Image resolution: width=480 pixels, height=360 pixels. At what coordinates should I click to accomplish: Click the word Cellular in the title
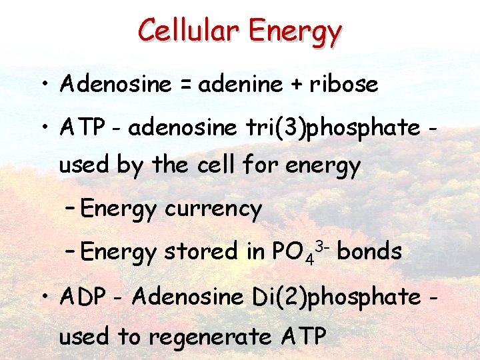click(x=191, y=29)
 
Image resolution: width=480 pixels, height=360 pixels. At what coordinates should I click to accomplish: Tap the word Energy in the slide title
click(x=296, y=31)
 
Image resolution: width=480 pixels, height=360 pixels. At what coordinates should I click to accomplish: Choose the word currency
click(x=213, y=209)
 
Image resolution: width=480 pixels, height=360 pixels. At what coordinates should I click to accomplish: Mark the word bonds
click(x=370, y=251)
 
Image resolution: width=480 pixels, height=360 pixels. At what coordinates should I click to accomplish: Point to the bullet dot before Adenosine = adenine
click(x=43, y=85)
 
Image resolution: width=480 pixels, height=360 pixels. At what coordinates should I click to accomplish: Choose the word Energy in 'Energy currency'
click(x=119, y=210)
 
